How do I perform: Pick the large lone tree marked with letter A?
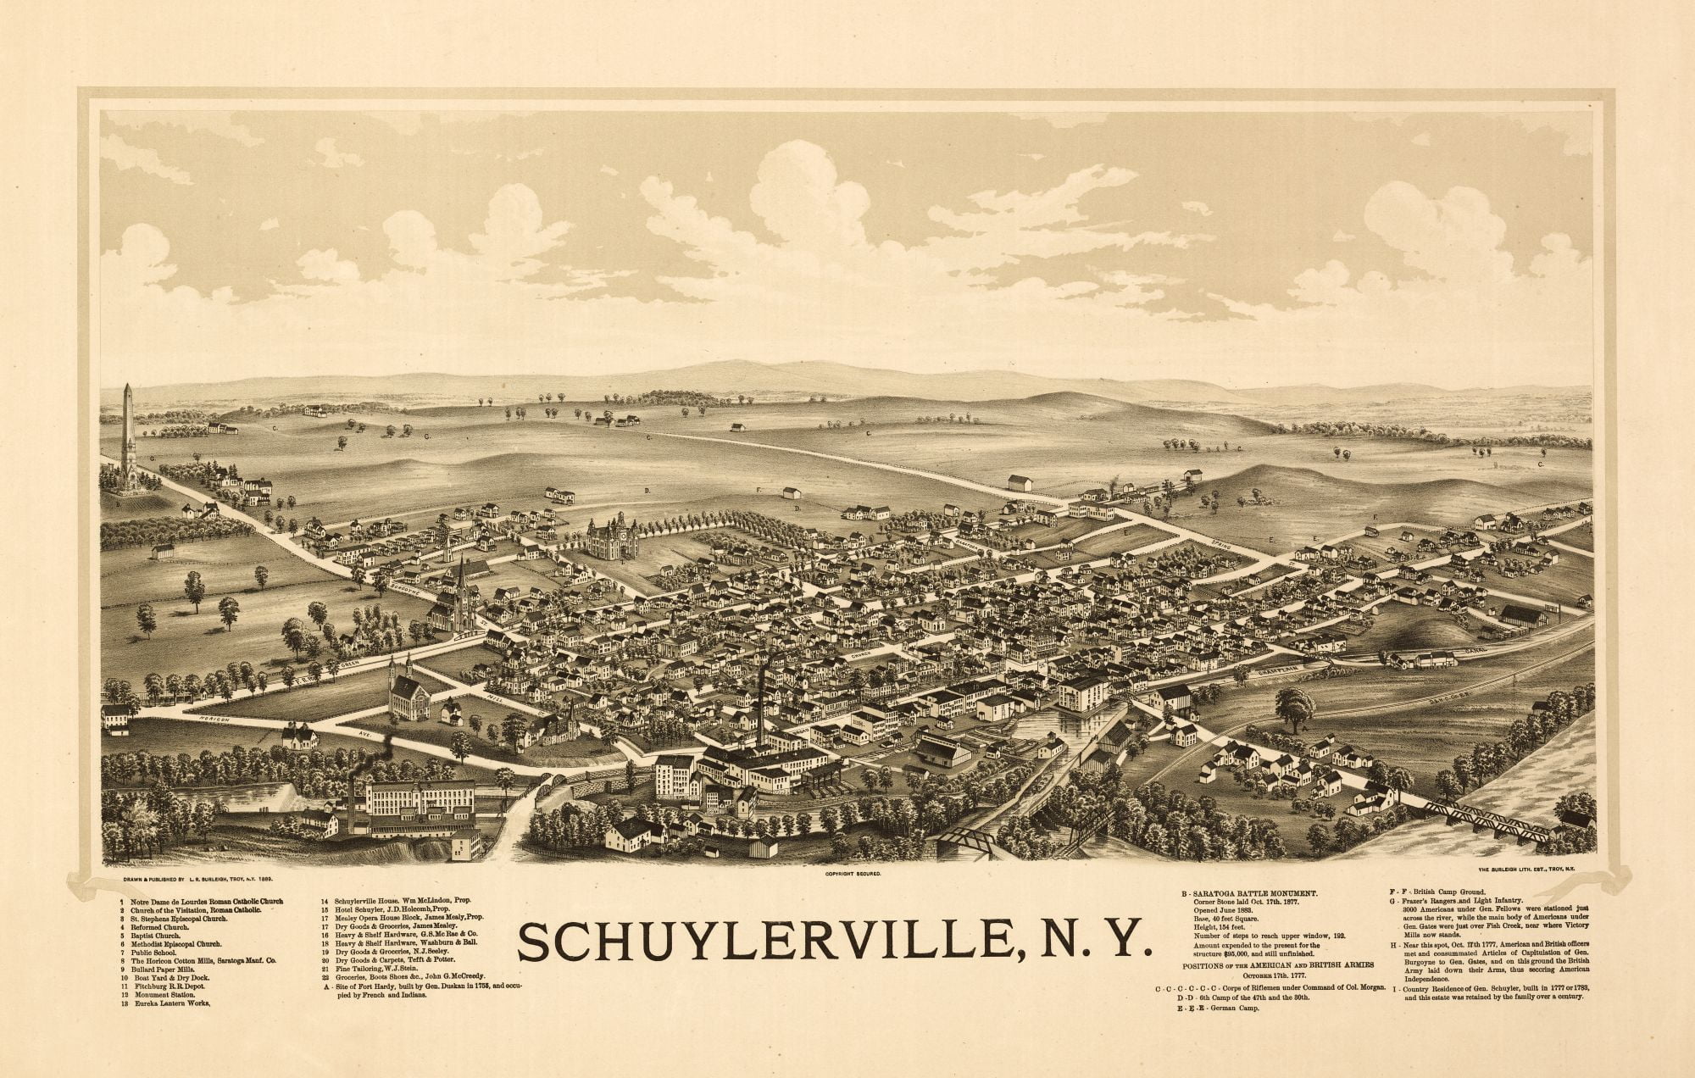tap(1293, 708)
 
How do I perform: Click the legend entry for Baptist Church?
tap(158, 936)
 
